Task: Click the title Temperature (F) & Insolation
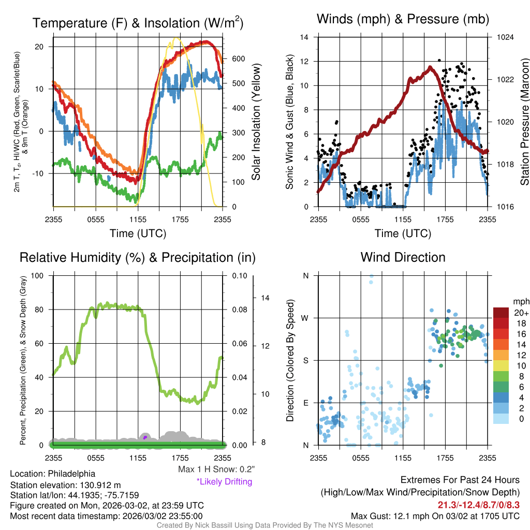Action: coord(138,23)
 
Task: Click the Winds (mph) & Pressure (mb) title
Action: coord(403,19)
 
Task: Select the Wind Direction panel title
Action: coord(403,257)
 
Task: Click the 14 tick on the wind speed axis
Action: coord(305,37)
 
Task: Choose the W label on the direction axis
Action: coord(305,318)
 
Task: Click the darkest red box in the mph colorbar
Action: coord(502,312)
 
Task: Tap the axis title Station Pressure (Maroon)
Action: coord(524,122)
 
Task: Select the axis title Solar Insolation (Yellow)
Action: coord(256,122)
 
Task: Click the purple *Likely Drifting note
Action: coord(224,482)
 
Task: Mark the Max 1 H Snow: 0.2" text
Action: coord(216,469)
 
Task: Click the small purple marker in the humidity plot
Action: coord(145,437)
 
